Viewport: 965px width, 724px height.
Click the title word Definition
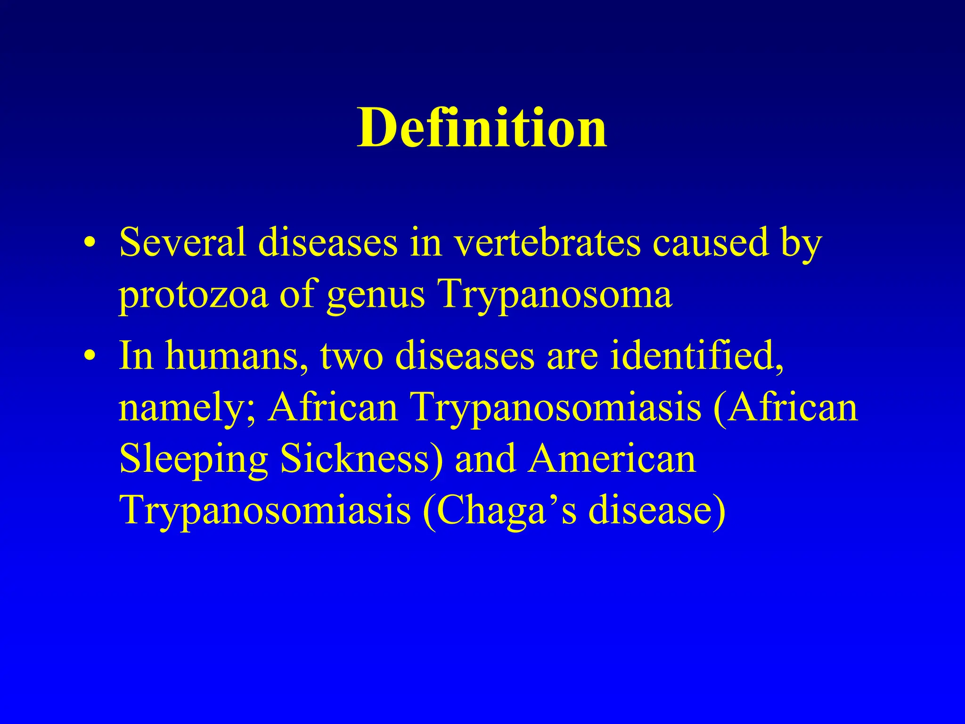point(482,128)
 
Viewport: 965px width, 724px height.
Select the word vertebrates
point(547,242)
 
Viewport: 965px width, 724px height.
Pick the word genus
point(376,295)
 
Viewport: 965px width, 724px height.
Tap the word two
point(352,356)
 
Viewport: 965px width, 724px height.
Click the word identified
point(696,356)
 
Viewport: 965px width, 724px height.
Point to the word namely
point(187,408)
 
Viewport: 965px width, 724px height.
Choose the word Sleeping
point(193,460)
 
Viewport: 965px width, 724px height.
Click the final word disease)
point(657,511)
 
